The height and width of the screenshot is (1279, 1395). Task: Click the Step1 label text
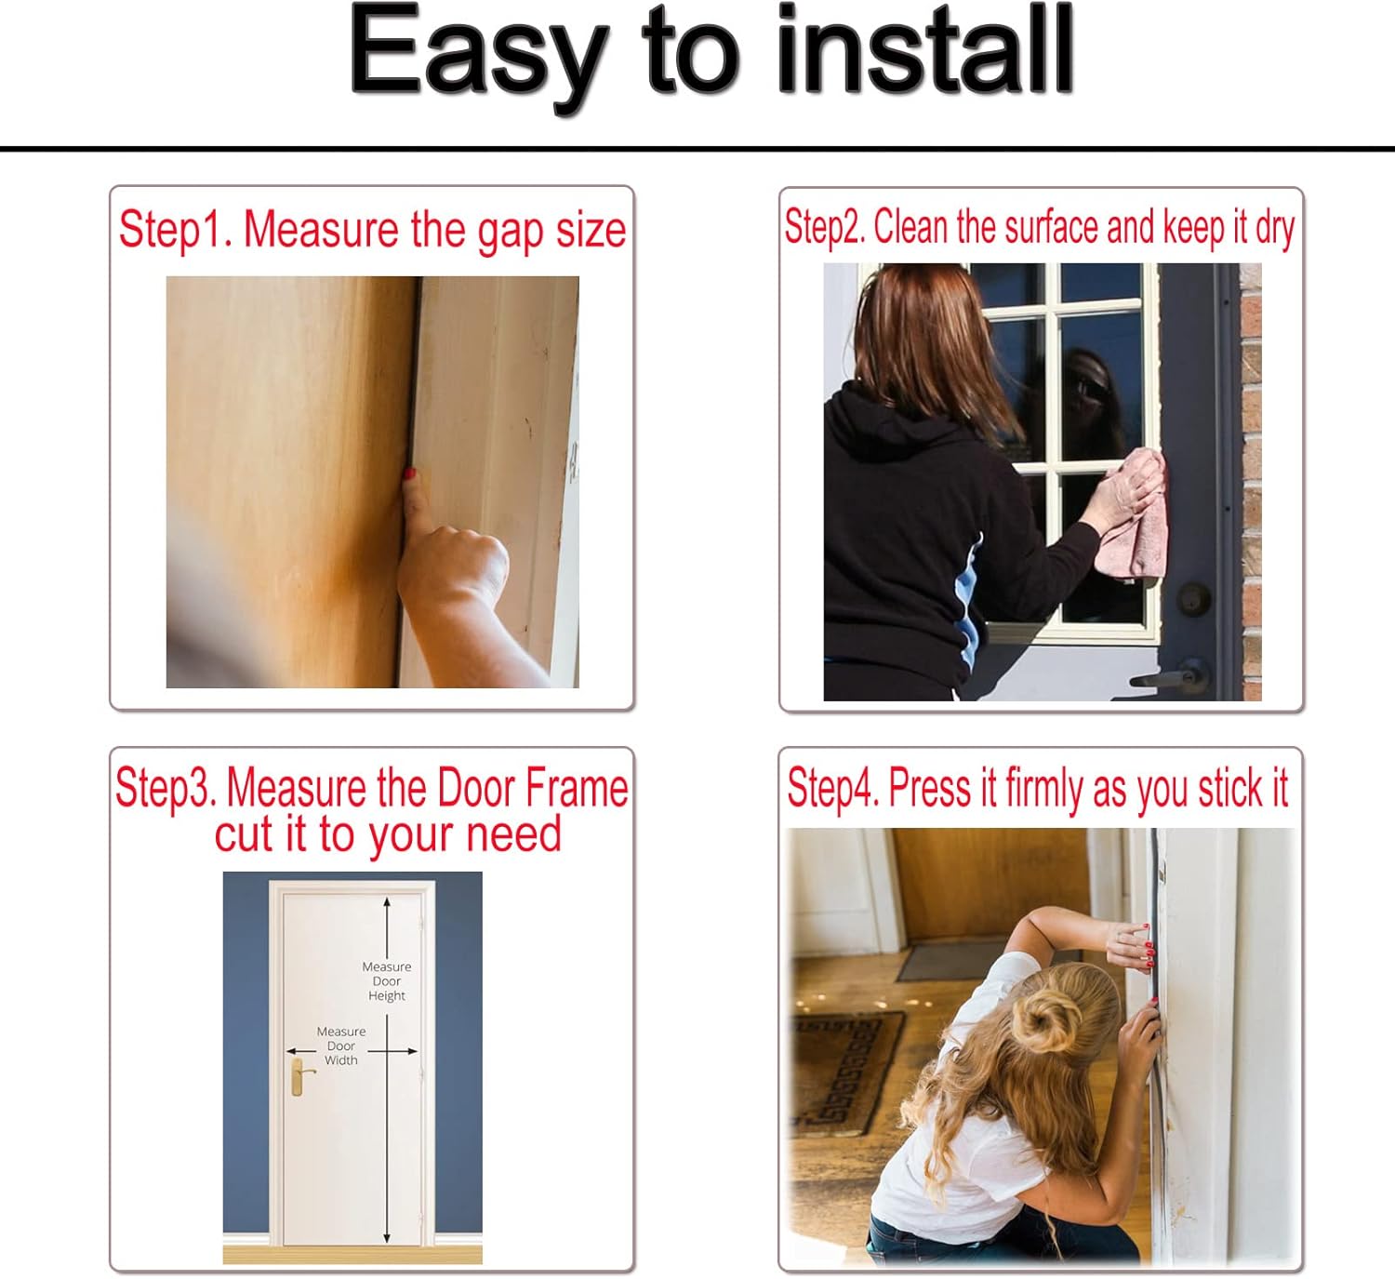(175, 230)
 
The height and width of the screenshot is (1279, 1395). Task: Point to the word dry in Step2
(1275, 229)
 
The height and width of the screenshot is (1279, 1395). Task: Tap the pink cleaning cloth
(1132, 515)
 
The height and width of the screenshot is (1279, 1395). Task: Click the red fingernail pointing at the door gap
(409, 473)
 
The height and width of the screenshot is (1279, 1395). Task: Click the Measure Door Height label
(387, 981)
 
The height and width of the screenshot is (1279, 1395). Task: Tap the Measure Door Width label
(340, 1046)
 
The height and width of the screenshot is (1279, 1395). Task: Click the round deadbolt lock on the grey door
(1193, 598)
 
